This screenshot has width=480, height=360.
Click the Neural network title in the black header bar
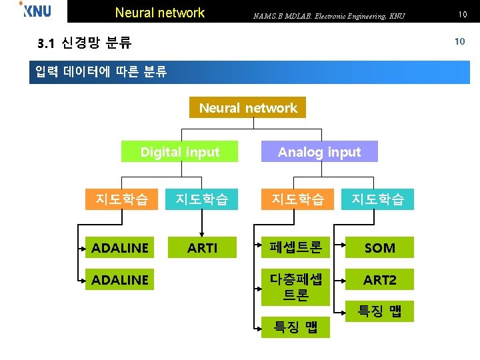coord(160,13)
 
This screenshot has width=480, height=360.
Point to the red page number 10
coord(459,41)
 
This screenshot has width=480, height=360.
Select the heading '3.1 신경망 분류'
coord(85,44)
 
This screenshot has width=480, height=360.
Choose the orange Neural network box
coord(248,108)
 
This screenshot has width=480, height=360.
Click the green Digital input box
coord(179,152)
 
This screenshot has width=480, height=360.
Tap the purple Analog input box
coord(319,152)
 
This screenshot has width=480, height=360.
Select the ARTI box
coord(202,248)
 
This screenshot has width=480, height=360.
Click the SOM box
coord(379,248)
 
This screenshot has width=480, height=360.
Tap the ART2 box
coord(379,280)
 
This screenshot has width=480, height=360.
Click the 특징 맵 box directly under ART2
coord(379,311)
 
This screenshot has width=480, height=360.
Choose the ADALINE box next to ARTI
coord(120,248)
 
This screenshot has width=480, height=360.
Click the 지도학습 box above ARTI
coord(202,199)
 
